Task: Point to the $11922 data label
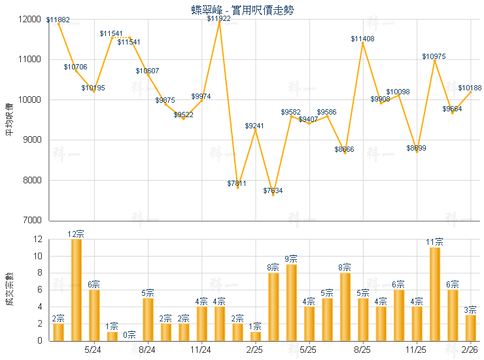(x=219, y=18)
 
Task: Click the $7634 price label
(x=273, y=190)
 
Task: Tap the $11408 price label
(x=363, y=39)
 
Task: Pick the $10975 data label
(x=434, y=57)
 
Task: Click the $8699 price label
(x=417, y=149)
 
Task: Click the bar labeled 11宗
(x=434, y=293)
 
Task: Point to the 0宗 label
(x=130, y=334)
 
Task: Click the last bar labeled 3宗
(x=470, y=327)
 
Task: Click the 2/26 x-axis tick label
(x=470, y=350)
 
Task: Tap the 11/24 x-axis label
(x=201, y=350)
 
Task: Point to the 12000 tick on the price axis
(x=29, y=19)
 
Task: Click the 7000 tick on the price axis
(x=31, y=221)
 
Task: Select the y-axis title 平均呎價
(x=9, y=119)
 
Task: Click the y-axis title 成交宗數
(x=9, y=289)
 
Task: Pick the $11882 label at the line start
(x=58, y=20)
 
